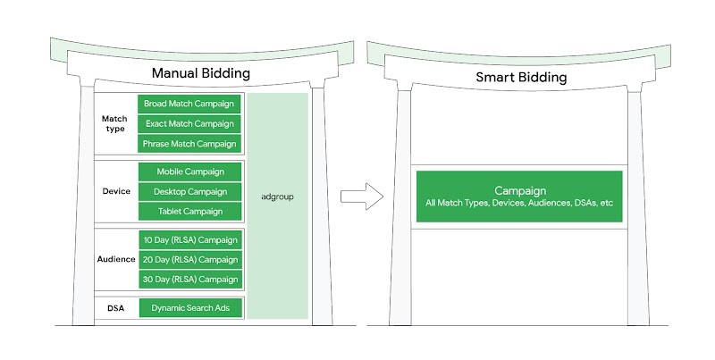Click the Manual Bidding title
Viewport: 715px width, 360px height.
coord(200,74)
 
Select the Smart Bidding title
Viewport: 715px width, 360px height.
coord(520,78)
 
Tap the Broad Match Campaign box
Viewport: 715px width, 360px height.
coord(189,104)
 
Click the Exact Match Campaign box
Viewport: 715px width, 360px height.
coord(189,123)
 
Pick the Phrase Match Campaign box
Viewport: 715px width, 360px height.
coord(189,144)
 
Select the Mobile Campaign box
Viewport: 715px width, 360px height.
coord(189,172)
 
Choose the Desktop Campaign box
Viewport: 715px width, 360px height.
coord(189,191)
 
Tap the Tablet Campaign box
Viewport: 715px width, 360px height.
coord(189,212)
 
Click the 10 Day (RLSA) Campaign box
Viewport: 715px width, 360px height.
coord(189,239)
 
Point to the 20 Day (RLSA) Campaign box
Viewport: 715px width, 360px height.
coord(189,259)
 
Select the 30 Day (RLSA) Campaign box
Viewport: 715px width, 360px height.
coord(189,280)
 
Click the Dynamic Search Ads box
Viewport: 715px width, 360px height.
coord(189,308)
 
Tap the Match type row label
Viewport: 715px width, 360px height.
coord(115,123)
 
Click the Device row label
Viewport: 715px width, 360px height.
coord(116,191)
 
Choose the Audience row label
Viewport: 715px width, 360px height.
coord(116,259)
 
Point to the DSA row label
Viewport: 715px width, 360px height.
coord(116,308)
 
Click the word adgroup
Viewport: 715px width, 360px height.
coord(278,196)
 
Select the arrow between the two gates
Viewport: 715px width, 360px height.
coord(363,196)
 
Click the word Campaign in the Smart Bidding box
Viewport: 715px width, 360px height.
coord(519,191)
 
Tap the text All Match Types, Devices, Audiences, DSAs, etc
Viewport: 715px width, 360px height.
coord(519,204)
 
